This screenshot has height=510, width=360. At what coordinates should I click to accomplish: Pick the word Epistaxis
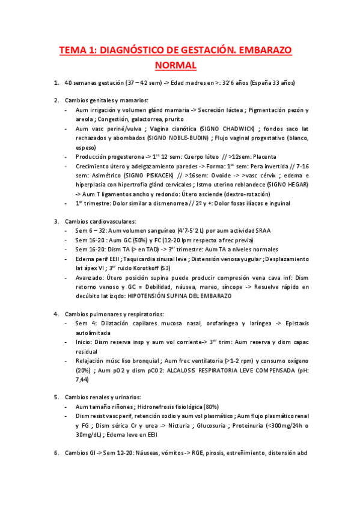click(x=293, y=324)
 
